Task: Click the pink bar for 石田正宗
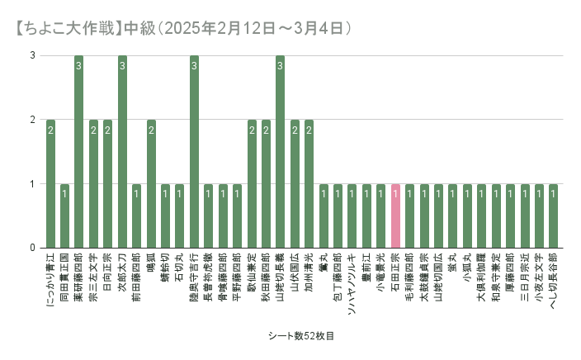[x=395, y=216]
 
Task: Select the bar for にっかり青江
[x=50, y=183]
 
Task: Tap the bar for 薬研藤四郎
[x=79, y=152]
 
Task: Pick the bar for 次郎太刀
[x=122, y=152]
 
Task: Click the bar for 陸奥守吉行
[x=194, y=152]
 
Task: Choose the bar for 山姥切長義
[x=280, y=152]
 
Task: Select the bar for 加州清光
[x=309, y=183]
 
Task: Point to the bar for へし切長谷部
[x=553, y=216]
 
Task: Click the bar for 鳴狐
[x=151, y=183]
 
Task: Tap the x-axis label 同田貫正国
[x=65, y=277]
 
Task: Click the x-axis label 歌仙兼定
[x=252, y=277]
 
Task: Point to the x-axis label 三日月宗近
[x=524, y=277]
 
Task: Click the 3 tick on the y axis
[x=32, y=56]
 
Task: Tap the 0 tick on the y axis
[x=32, y=248]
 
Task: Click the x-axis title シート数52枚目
[x=300, y=336]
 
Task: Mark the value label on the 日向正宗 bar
[x=108, y=130]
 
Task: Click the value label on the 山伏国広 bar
[x=295, y=130]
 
